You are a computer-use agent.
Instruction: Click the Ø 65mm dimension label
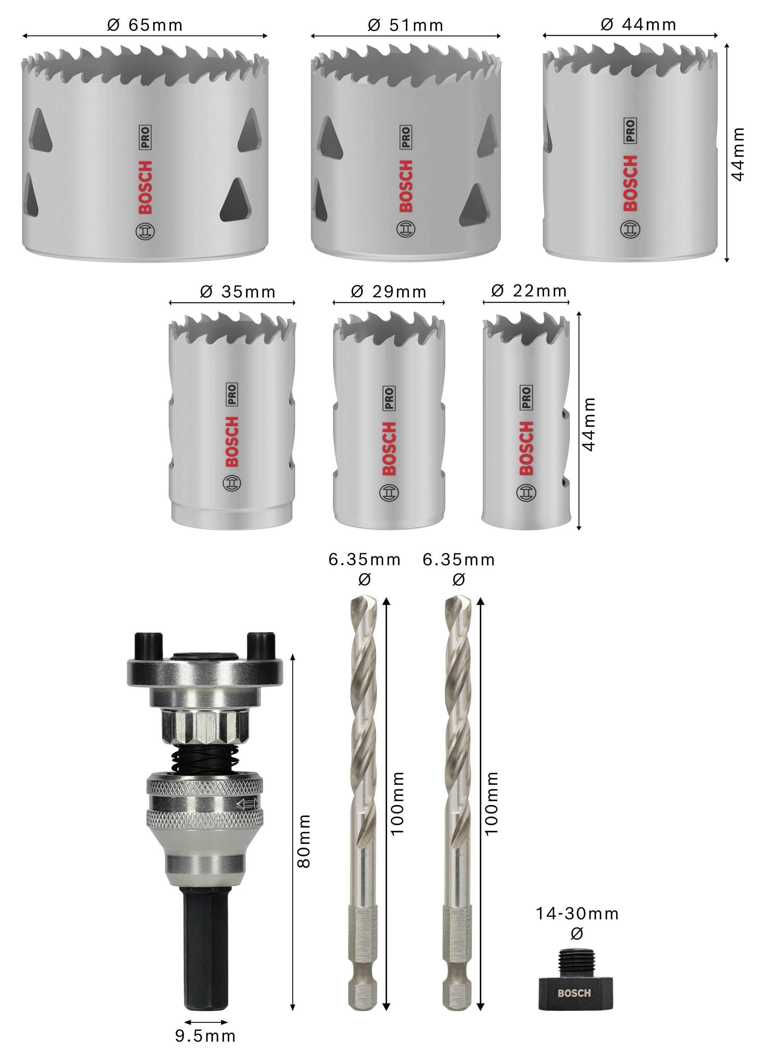145,24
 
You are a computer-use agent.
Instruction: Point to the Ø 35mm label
237,291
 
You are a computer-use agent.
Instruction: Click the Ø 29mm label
388,291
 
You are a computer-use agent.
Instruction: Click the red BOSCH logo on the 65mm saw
145,187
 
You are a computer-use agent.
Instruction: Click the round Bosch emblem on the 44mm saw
630,229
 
